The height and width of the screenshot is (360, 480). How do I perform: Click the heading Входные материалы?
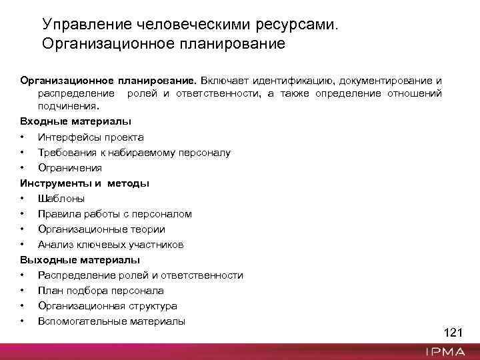click(75, 121)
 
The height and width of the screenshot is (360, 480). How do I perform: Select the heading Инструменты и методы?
click(85, 183)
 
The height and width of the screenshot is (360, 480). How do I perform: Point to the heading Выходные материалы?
click(80, 260)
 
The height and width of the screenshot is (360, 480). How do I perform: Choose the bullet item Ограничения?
click(70, 168)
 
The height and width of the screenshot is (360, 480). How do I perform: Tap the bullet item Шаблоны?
click(61, 199)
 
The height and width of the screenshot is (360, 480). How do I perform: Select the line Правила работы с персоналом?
click(115, 214)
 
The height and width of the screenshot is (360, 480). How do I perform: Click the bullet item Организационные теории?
click(101, 229)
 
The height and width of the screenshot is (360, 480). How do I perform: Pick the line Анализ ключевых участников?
click(111, 245)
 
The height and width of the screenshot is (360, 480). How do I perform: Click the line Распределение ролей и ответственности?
click(140, 275)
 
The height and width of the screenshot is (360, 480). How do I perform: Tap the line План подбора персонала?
click(101, 291)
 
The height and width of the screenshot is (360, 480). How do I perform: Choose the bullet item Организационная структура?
click(107, 306)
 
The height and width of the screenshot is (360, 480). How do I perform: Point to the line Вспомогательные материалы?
click(111, 321)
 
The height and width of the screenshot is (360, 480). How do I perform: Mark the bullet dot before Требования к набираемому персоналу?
click(23, 153)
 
